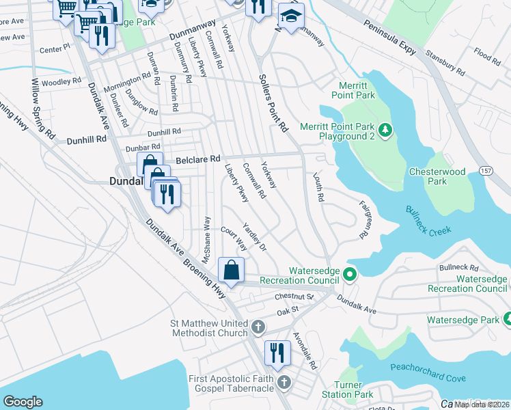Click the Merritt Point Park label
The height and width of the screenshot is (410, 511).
357,90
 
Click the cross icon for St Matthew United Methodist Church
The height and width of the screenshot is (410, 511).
258,327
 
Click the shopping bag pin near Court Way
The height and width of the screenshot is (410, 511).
232,269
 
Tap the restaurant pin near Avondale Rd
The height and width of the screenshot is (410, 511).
277,353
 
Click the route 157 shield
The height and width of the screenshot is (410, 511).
485,169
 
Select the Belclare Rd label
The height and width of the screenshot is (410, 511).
199,159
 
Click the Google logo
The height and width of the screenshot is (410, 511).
23,401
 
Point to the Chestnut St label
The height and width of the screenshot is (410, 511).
294,297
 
